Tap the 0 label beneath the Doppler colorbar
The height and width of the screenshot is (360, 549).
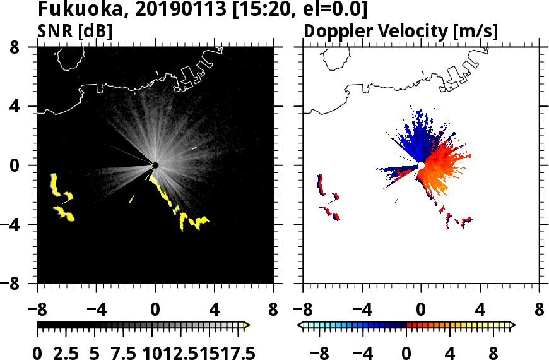pos(406,352)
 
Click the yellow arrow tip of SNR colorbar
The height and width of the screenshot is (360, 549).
pos(247,325)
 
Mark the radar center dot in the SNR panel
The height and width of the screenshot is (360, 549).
pos(155,165)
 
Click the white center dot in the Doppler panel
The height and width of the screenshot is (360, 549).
pos(421,165)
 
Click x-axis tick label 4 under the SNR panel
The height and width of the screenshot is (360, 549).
pos(214,310)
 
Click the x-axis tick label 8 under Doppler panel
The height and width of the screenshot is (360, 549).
pos(539,310)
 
